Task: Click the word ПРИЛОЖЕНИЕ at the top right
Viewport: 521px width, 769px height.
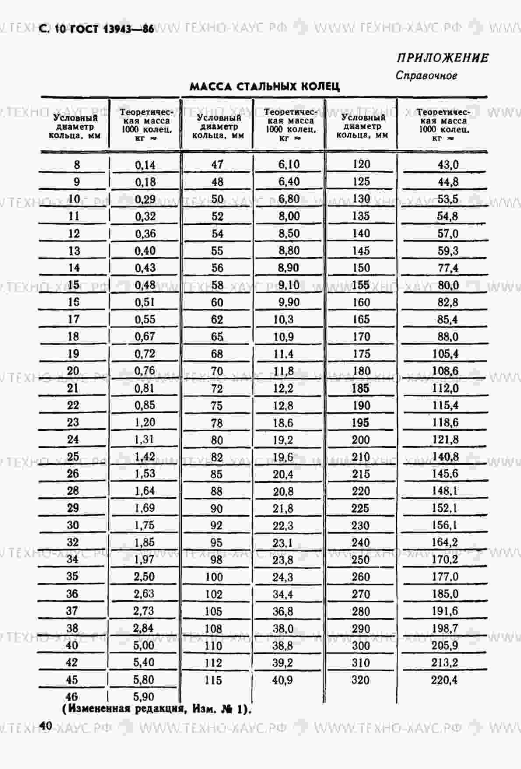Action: point(443,58)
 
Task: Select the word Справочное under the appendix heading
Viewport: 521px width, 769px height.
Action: point(426,75)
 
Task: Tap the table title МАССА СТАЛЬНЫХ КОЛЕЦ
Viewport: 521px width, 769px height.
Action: point(264,86)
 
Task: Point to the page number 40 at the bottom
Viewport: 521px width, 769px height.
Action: point(46,726)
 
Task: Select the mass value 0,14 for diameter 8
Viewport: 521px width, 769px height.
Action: point(145,165)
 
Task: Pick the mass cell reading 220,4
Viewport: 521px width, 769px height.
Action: point(445,680)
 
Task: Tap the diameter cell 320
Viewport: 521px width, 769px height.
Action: point(360,680)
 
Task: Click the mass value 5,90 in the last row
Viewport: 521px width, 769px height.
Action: point(144,696)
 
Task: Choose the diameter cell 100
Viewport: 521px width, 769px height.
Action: point(214,577)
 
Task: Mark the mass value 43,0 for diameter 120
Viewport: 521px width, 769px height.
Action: point(448,164)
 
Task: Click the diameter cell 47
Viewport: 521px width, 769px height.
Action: point(217,165)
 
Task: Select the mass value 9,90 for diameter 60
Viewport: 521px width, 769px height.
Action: point(289,302)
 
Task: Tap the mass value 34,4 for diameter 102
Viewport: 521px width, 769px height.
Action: point(283,594)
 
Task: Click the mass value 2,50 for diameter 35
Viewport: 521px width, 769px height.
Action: point(144,576)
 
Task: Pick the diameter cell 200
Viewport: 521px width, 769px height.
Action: point(361,439)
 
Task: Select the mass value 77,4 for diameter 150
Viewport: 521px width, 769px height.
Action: point(448,268)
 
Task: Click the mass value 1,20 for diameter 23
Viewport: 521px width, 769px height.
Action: point(145,422)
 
